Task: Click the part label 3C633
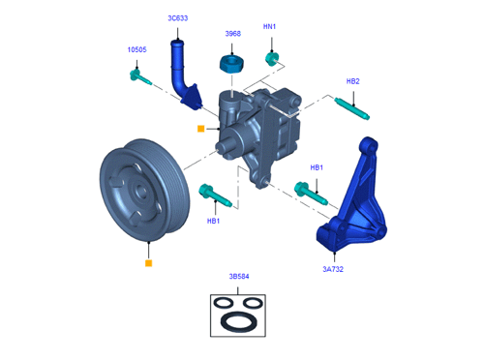click(x=178, y=18)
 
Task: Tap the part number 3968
click(x=233, y=34)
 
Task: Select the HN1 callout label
click(x=269, y=26)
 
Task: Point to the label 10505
click(x=136, y=49)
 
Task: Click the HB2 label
click(x=352, y=81)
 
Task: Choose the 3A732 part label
click(x=333, y=269)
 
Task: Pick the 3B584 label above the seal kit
click(x=239, y=277)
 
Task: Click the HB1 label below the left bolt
click(x=213, y=221)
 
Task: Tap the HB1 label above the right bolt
click(x=317, y=167)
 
